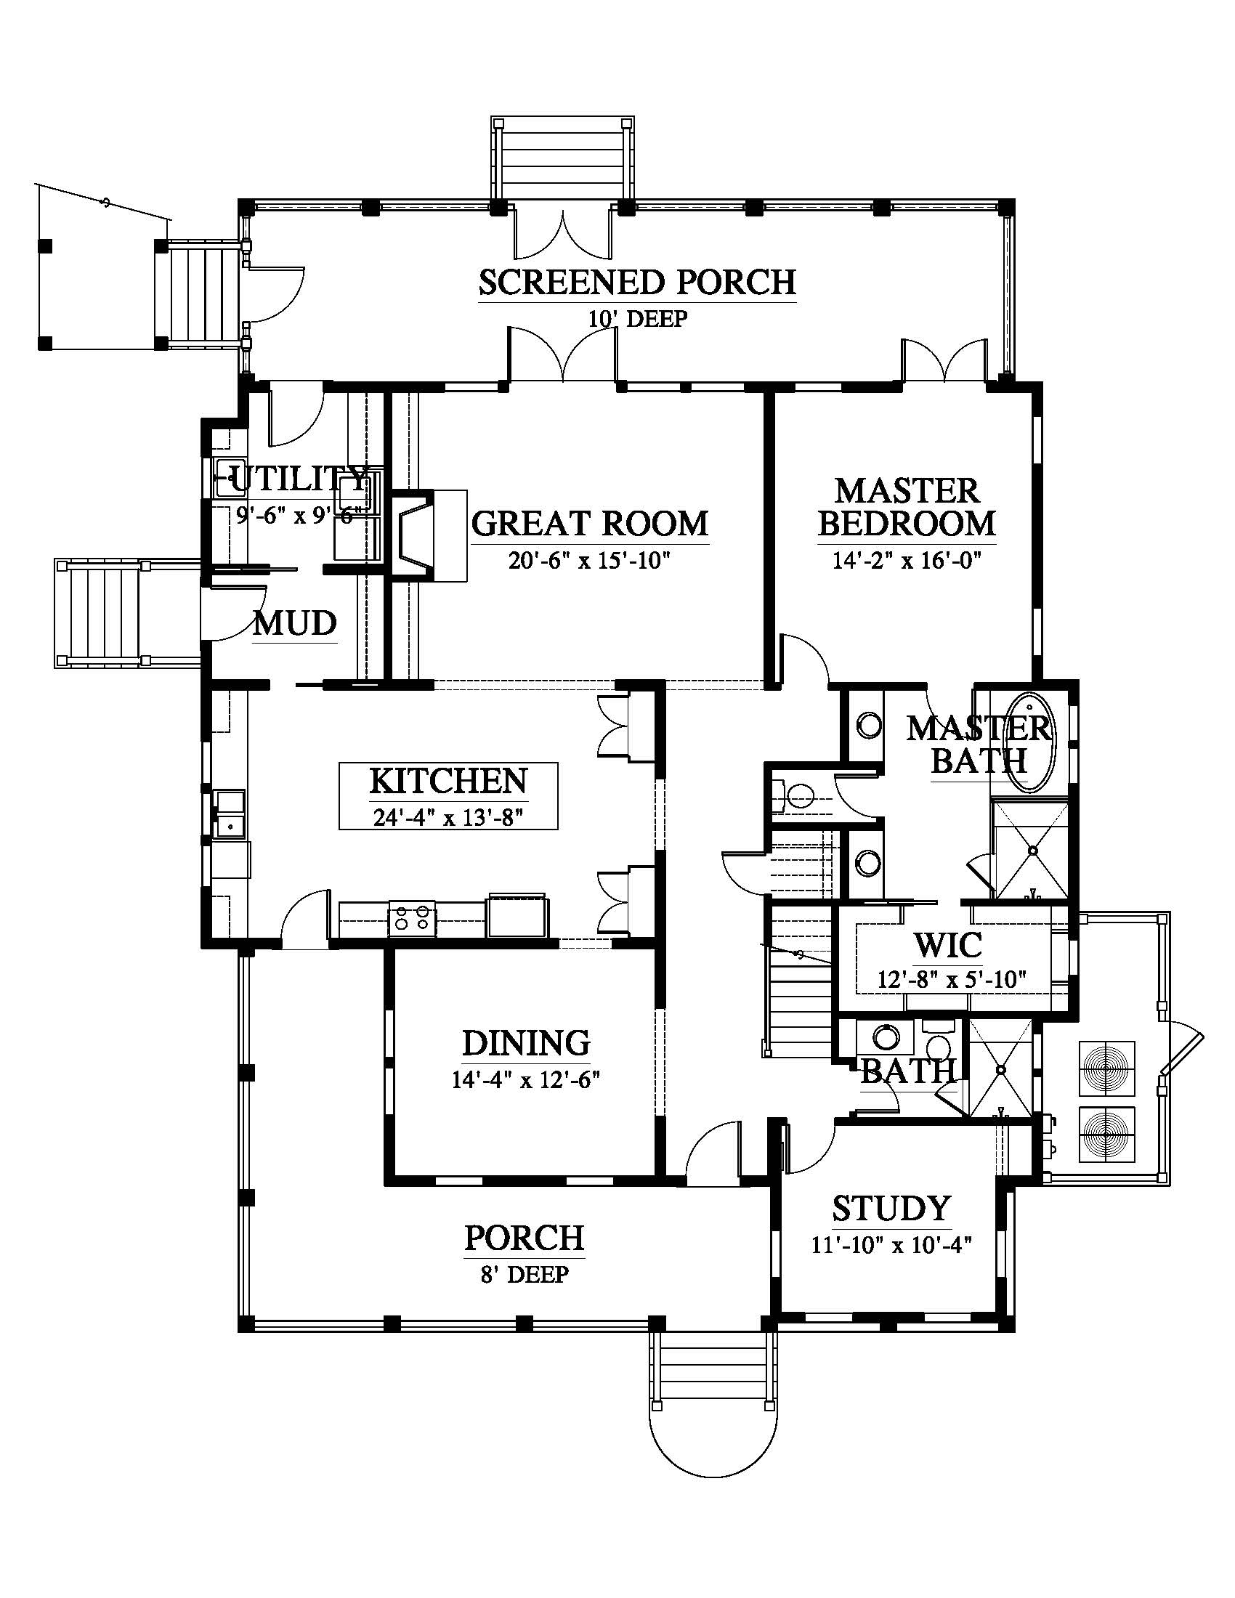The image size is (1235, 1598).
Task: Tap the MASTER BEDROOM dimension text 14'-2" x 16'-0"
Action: (907, 561)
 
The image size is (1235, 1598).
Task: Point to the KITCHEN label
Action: (448, 781)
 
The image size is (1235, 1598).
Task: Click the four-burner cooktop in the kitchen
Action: (412, 918)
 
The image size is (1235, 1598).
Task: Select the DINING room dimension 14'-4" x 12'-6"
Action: (525, 1080)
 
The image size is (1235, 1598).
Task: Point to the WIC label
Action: (948, 945)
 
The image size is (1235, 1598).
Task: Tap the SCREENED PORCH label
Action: (637, 283)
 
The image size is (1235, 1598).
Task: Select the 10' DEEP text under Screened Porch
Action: (637, 319)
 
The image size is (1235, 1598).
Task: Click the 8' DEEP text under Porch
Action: (524, 1275)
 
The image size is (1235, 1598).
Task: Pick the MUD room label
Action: (295, 623)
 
